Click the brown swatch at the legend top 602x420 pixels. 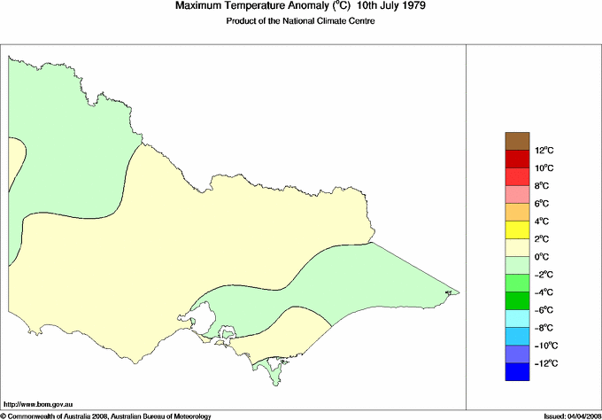point(517,141)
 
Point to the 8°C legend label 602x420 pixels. point(544,186)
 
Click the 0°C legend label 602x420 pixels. point(544,257)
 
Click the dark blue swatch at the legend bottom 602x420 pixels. point(517,372)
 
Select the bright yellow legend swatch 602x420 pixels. point(517,230)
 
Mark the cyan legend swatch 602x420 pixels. point(517,319)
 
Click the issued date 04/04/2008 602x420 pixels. point(579,415)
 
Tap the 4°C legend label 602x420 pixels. point(544,222)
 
